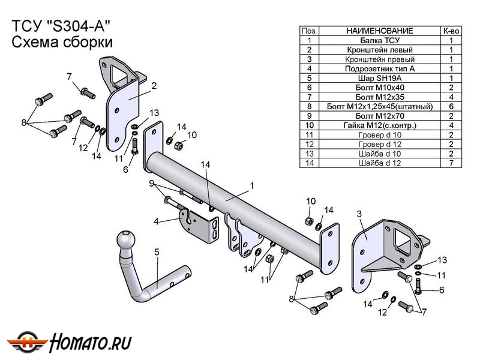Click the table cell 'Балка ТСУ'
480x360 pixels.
coord(379,40)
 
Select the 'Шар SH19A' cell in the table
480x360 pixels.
coord(379,78)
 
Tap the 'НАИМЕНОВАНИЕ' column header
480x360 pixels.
coord(379,30)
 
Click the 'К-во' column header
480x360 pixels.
coord(451,30)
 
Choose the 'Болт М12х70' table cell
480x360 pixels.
coord(379,116)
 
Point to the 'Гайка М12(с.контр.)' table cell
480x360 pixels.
coord(379,125)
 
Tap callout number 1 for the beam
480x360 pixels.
coord(252,186)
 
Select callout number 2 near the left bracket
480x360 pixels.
coord(154,86)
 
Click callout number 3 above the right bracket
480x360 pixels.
coord(359,214)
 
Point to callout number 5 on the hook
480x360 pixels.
coord(157,252)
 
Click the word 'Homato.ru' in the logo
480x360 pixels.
coord(91,342)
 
